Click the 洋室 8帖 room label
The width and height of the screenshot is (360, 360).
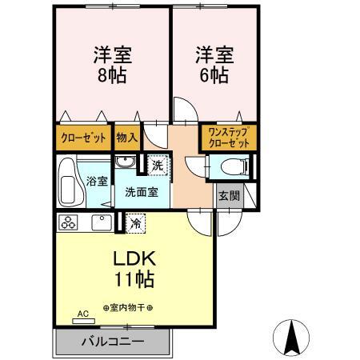(112, 66)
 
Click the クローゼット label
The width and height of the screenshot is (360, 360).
(84, 138)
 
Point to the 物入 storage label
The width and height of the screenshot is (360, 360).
(127, 138)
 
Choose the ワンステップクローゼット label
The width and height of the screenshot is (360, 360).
(228, 137)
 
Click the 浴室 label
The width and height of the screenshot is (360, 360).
(97, 181)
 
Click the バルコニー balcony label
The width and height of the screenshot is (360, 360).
(112, 342)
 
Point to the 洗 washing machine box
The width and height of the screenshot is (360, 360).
(158, 166)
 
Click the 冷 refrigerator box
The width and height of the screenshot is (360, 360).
(136, 223)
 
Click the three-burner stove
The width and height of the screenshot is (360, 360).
(68, 222)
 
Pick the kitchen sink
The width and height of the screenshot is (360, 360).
(101, 222)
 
